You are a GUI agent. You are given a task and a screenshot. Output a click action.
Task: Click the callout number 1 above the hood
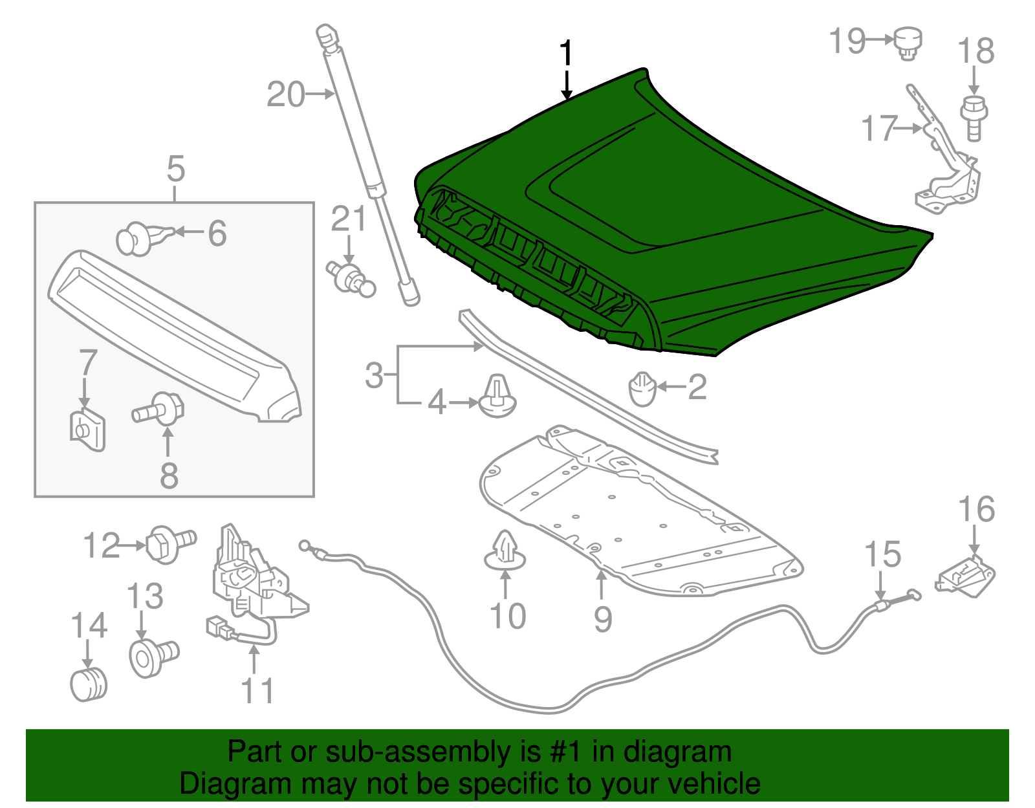click(566, 53)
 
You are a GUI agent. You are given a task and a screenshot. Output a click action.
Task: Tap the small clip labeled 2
click(642, 389)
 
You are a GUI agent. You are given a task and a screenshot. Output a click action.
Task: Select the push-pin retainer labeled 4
click(497, 397)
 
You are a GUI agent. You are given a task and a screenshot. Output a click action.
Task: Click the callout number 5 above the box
click(175, 169)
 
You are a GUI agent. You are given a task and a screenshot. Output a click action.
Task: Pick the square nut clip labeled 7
click(87, 429)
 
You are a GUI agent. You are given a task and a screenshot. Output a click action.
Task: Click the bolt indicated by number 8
click(160, 409)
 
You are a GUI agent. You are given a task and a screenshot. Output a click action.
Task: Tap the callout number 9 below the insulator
click(602, 619)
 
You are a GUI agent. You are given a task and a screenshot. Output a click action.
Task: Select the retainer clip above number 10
click(505, 552)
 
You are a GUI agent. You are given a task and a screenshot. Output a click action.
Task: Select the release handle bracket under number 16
click(966, 575)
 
